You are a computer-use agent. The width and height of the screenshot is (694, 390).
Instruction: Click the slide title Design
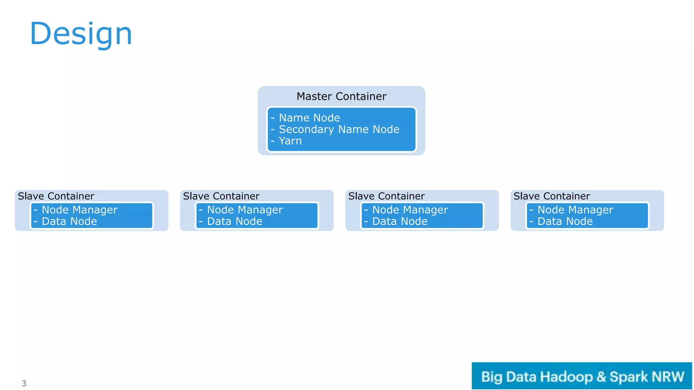click(81, 34)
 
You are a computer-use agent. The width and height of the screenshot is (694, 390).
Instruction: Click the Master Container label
click(341, 96)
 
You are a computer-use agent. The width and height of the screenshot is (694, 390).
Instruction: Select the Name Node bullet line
click(309, 118)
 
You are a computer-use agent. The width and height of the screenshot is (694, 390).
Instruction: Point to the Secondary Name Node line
click(339, 129)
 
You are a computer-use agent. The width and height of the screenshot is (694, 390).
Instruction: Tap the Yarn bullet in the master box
click(290, 141)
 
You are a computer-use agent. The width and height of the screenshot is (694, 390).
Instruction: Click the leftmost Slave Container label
click(56, 196)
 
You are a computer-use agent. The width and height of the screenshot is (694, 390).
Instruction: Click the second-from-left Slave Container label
click(221, 196)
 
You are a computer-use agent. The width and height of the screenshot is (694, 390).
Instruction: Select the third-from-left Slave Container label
click(386, 196)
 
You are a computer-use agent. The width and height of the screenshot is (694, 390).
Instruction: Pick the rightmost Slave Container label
click(552, 196)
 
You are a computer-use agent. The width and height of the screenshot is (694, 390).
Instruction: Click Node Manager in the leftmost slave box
click(80, 210)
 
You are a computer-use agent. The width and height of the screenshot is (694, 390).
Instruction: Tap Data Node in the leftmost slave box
click(69, 221)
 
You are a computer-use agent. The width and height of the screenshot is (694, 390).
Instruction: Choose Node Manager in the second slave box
click(245, 210)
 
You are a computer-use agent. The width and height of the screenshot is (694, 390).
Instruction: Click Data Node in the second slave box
click(234, 221)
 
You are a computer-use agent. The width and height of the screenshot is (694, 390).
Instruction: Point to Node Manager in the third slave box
click(410, 210)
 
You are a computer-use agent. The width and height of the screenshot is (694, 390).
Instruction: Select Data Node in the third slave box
click(400, 221)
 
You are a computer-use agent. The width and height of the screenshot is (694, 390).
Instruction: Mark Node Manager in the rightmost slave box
click(575, 210)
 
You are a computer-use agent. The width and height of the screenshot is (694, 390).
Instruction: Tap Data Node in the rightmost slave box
click(565, 221)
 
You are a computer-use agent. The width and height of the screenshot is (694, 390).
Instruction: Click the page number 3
click(24, 384)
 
